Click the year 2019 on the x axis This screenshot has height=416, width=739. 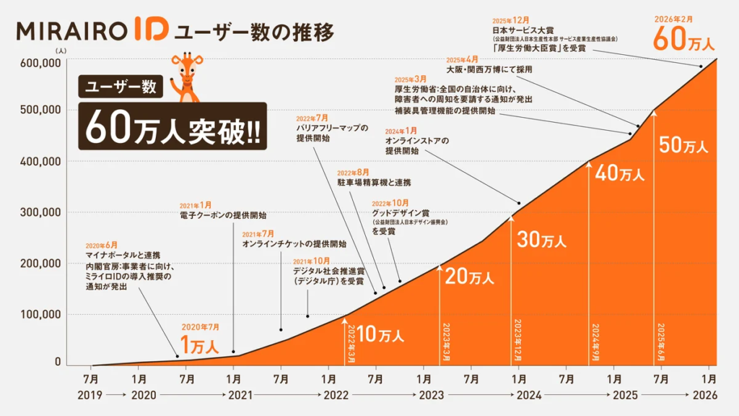coord(91,396)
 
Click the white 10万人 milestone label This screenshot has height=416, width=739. coord(380,335)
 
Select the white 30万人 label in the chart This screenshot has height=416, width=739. coord(543,240)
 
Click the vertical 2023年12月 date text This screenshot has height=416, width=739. coord(517,339)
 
